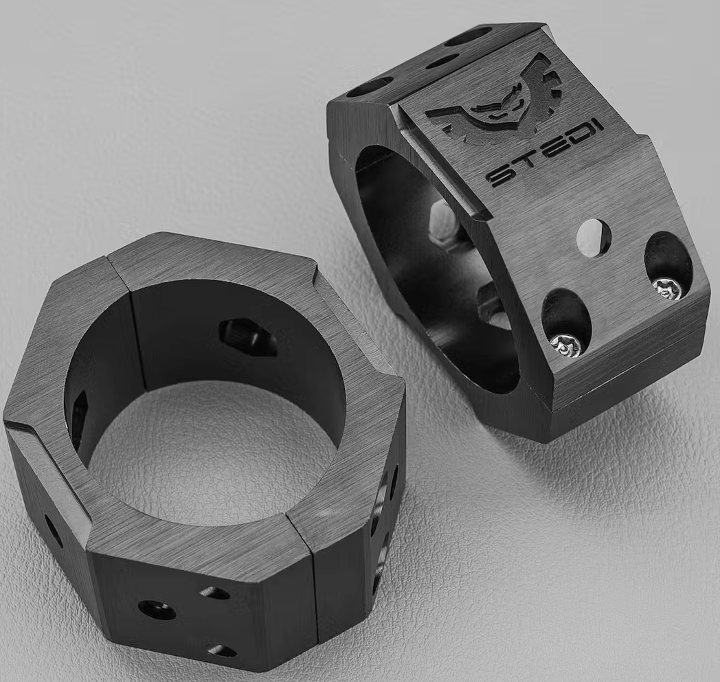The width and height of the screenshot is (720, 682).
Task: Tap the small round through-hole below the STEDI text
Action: click(594, 238)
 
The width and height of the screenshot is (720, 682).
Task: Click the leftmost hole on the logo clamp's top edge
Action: click(370, 87)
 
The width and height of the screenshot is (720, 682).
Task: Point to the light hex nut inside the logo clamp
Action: click(443, 223)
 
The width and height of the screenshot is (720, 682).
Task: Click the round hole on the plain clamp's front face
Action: click(157, 609)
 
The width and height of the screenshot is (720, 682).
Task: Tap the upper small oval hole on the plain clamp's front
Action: click(214, 593)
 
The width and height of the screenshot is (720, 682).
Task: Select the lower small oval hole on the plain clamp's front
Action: click(221, 650)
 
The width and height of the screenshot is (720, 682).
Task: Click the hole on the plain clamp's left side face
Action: click(53, 530)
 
